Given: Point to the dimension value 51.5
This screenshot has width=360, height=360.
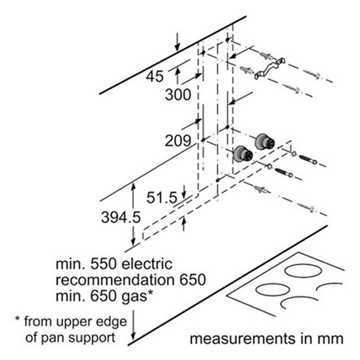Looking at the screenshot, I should (164, 197).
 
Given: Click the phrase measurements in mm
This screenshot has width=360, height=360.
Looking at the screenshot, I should (266, 338).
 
